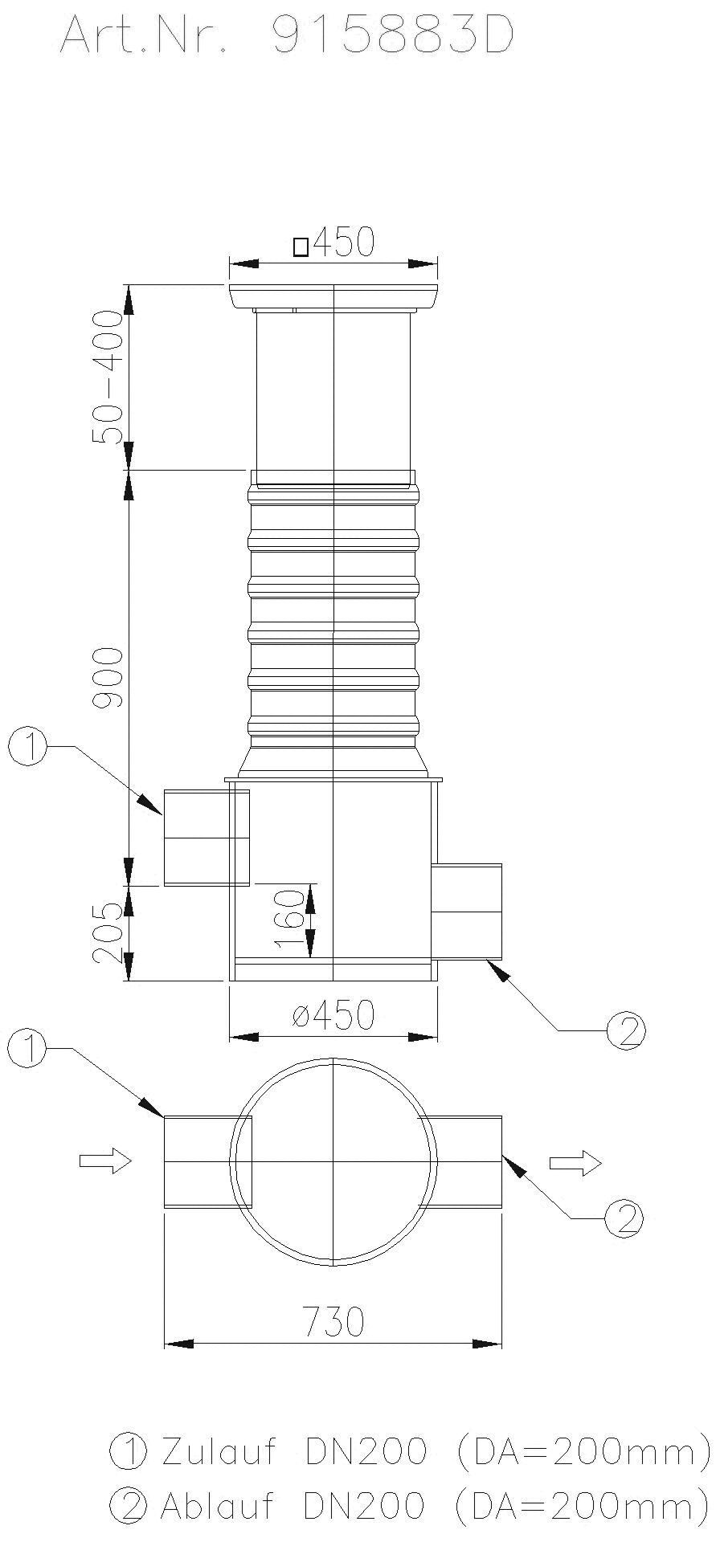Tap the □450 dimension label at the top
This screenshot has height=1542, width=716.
pyautogui.click(x=334, y=243)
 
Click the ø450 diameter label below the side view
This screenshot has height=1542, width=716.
pyautogui.click(x=334, y=1016)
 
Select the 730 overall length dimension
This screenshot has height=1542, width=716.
pyautogui.click(x=333, y=1321)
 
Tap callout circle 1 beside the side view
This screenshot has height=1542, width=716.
pyautogui.click(x=27, y=747)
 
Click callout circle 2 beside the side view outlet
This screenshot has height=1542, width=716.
pyautogui.click(x=626, y=1031)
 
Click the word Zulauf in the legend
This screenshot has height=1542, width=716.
pyautogui.click(x=219, y=1452)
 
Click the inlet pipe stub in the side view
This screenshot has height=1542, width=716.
pyautogui.click(x=197, y=837)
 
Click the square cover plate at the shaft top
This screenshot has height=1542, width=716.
pyautogui.click(x=333, y=297)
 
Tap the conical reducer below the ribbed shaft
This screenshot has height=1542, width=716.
pyautogui.click(x=333, y=760)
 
